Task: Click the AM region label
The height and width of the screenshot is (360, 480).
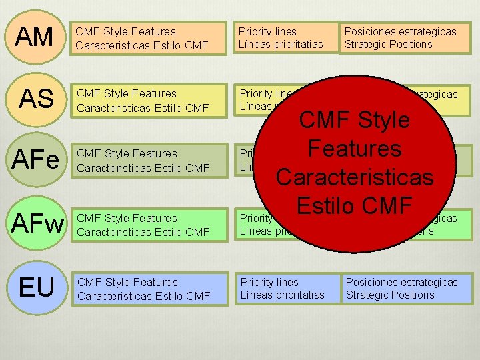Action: [x=35, y=37]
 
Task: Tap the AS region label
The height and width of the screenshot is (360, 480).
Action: [x=36, y=99]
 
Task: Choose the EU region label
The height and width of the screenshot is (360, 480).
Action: [x=37, y=287]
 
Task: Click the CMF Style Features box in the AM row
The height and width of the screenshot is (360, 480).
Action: [x=149, y=38]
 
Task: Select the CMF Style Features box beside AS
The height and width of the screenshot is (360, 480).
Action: [x=149, y=100]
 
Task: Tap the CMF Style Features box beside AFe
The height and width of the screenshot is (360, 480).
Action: [x=149, y=161]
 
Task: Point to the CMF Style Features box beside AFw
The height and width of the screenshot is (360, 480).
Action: [x=149, y=225]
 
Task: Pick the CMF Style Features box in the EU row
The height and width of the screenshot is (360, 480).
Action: [x=149, y=289]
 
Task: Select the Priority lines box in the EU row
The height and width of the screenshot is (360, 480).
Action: [x=287, y=289]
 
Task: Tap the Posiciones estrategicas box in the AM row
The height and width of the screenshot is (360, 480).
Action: [x=405, y=38]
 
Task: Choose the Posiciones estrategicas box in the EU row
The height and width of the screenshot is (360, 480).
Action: [x=407, y=289]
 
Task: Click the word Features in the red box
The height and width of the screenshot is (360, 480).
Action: [x=354, y=148]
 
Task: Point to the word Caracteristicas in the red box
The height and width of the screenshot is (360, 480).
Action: [x=354, y=177]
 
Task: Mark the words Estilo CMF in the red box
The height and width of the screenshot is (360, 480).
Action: [x=354, y=205]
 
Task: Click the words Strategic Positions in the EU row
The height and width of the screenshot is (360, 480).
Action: [x=389, y=295]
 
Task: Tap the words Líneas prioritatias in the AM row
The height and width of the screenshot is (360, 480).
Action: [x=281, y=44]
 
